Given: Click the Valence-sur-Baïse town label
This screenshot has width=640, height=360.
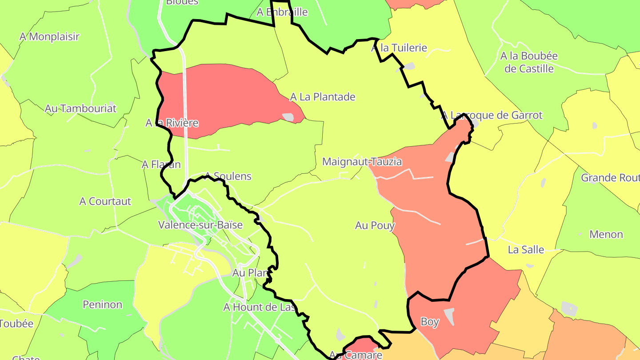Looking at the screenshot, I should (x=200, y=225).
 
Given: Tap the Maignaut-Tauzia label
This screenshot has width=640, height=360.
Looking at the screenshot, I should (x=362, y=162).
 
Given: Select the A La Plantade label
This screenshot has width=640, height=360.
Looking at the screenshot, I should (x=323, y=97).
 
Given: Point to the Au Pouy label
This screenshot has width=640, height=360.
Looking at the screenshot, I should (x=375, y=226).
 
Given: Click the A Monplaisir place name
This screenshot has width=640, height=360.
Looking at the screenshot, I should (x=49, y=37).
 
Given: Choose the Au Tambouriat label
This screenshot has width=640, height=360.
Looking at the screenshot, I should (x=80, y=108).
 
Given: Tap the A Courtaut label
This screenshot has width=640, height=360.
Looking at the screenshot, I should (x=105, y=201).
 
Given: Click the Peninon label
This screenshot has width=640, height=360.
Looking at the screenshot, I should (x=102, y=305).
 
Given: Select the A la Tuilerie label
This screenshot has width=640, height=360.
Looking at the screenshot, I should (x=399, y=48).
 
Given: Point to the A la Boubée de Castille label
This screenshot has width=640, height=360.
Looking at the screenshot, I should (x=529, y=63).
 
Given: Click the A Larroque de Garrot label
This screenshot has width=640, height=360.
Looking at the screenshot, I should (x=492, y=116).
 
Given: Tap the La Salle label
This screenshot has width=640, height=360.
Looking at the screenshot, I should (x=526, y=250).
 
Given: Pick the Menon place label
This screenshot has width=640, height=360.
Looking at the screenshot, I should (x=606, y=235).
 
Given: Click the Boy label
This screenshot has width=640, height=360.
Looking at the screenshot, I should (x=430, y=322).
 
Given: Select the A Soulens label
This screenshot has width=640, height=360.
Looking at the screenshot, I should (x=228, y=176).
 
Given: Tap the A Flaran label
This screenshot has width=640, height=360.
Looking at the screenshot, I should (x=161, y=165).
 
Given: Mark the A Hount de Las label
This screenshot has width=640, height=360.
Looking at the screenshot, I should (x=260, y=307).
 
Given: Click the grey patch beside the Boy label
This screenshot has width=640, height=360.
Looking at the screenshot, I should (x=449, y=316).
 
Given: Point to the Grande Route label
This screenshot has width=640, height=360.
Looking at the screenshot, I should (x=610, y=178).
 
